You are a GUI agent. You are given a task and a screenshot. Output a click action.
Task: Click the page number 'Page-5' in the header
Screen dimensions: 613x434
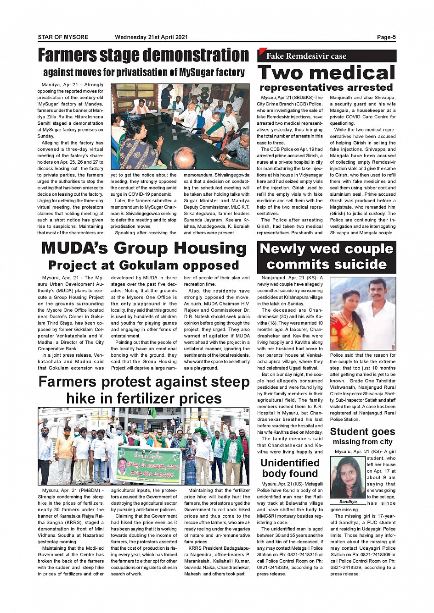[x=386, y=37]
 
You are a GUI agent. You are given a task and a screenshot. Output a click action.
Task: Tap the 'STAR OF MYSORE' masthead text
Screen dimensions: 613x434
[x=63, y=37]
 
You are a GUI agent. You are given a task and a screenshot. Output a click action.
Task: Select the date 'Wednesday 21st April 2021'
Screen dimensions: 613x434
[x=151, y=37]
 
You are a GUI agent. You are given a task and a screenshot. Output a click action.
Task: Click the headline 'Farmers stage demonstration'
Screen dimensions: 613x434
[x=143, y=55]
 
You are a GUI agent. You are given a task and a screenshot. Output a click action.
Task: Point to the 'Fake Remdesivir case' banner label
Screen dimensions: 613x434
[x=306, y=56]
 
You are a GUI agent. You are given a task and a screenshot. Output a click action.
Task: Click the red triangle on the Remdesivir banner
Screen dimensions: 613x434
[x=262, y=51]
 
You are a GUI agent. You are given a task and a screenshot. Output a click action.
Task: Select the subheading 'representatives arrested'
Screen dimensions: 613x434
[x=326, y=88]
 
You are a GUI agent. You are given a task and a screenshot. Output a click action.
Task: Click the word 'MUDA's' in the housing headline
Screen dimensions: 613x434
[x=74, y=248]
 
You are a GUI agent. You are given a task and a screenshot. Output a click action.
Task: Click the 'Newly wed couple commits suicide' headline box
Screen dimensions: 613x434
[x=326, y=257]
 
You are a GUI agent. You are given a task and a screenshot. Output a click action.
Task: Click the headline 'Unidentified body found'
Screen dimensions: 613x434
[x=290, y=468]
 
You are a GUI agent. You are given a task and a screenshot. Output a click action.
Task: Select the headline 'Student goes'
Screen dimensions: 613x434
[x=362, y=431]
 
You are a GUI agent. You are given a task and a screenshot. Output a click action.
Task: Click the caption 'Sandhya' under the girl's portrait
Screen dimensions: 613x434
[x=348, y=502]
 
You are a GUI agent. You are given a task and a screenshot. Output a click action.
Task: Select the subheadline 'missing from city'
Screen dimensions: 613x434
[x=362, y=442]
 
